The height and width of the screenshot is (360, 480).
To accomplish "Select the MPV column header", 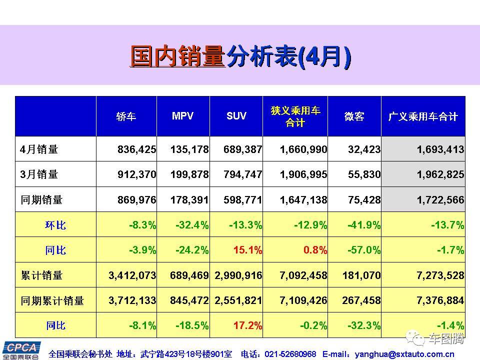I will pos(182,116).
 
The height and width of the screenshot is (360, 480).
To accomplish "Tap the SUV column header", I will pos(236,116).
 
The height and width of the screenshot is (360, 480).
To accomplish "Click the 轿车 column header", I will pos(126,116).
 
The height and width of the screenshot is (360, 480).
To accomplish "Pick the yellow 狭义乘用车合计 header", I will pos(295,116).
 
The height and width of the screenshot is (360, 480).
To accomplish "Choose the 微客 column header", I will pos(354,116).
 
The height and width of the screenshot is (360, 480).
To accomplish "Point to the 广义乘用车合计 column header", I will pos(423,116).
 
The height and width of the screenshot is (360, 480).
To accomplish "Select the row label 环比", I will pos(55,225).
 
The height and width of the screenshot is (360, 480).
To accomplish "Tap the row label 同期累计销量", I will pos(52,301).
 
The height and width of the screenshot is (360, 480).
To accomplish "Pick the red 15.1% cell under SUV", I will pos(245,250).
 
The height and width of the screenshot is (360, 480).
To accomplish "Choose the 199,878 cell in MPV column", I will pos(189,174).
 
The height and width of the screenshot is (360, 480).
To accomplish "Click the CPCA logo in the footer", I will pos(21,350).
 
